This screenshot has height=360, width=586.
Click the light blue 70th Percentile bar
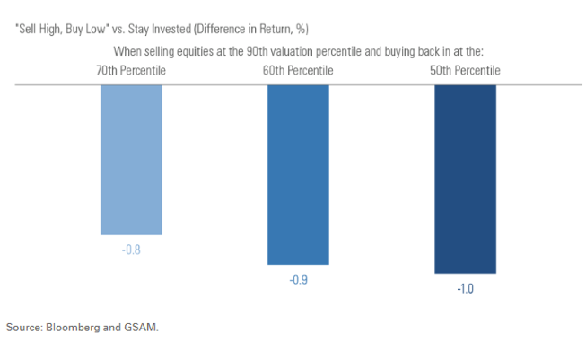[x=131, y=159]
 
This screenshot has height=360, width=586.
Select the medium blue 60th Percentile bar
[x=298, y=174]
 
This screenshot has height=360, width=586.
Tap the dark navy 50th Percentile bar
[x=465, y=179]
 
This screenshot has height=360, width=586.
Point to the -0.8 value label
[x=131, y=248]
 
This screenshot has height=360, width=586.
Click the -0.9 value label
[x=298, y=279]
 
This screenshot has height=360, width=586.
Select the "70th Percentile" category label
[x=130, y=70]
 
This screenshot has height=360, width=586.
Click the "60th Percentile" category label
[x=297, y=70]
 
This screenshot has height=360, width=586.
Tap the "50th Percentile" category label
[x=464, y=70]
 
